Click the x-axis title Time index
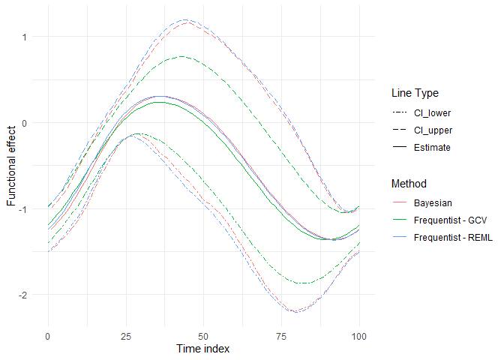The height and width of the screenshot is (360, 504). click(202, 349)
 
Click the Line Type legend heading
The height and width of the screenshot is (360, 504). click(415, 94)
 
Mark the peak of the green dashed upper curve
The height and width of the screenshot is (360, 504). click(183, 56)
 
